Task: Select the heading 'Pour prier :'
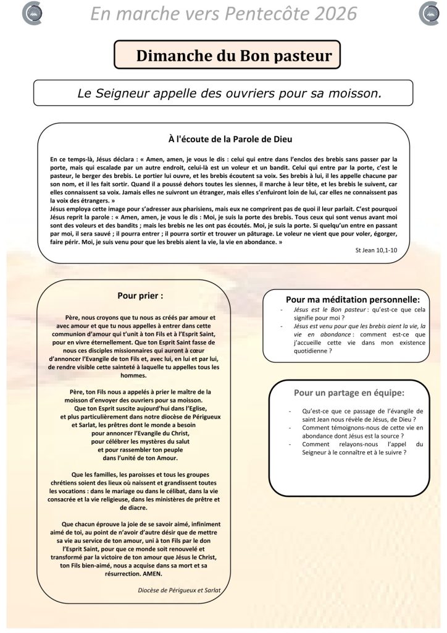pyautogui.click(x=140, y=295)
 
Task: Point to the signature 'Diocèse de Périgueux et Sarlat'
pyautogui.click(x=180, y=590)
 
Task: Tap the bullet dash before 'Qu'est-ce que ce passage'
pyautogui.click(x=291, y=410)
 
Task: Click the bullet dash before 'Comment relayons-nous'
pyautogui.click(x=291, y=444)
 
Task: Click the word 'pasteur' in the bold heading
pyautogui.click(x=303, y=56)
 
